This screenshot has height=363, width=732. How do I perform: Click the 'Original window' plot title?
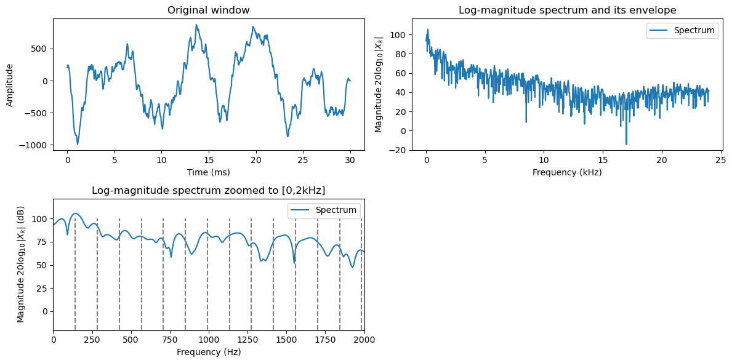coord(208,10)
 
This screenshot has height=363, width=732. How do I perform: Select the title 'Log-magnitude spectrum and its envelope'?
coord(567,10)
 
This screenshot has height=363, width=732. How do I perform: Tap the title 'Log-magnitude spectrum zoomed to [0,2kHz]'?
coord(208,190)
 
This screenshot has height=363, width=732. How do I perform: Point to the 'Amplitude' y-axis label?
coord(10,84)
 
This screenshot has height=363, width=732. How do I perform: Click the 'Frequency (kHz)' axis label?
coord(567,172)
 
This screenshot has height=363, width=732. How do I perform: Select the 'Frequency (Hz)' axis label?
coord(208,352)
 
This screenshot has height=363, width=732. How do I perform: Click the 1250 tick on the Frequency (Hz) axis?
coord(247,340)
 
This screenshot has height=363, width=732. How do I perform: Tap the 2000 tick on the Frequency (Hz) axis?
coord(364,340)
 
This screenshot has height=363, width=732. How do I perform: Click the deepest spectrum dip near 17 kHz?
coord(626,145)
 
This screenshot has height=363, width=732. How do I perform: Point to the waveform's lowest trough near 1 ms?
coord(78,144)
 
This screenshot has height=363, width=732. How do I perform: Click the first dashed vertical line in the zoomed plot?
coord(75,274)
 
